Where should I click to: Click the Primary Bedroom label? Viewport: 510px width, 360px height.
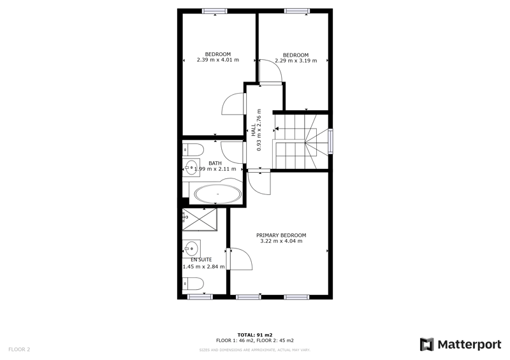click(281, 234)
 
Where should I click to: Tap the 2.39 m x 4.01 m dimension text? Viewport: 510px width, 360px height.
click(218, 61)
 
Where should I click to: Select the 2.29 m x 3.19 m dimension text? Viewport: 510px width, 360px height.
click(296, 61)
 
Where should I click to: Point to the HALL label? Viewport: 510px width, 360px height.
click(254, 131)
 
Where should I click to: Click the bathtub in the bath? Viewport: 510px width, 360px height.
click(218, 194)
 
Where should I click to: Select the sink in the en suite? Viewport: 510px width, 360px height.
click(191, 247)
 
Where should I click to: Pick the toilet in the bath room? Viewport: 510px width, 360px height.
click(194, 150)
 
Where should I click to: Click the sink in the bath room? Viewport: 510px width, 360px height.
click(191, 169)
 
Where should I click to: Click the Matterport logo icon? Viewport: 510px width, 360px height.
click(426, 345)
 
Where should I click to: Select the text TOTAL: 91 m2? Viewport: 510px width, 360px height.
click(255, 335)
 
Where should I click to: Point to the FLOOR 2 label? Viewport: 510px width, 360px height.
click(19, 349)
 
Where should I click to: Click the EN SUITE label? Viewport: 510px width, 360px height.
click(201, 259)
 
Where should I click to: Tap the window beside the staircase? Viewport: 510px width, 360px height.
click(330, 141)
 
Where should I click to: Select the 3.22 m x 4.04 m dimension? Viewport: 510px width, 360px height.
click(281, 241)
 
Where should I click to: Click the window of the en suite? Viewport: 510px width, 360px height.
click(200, 296)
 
